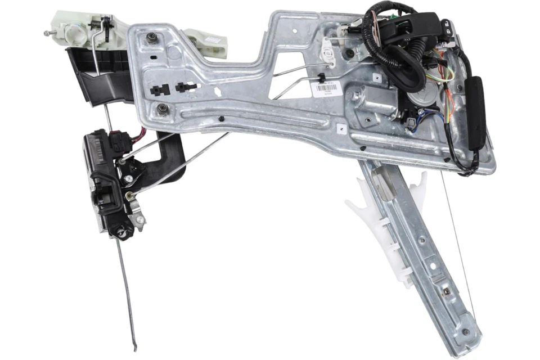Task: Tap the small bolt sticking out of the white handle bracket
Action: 46,33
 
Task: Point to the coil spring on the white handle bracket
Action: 105,25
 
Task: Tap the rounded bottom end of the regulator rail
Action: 468,345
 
